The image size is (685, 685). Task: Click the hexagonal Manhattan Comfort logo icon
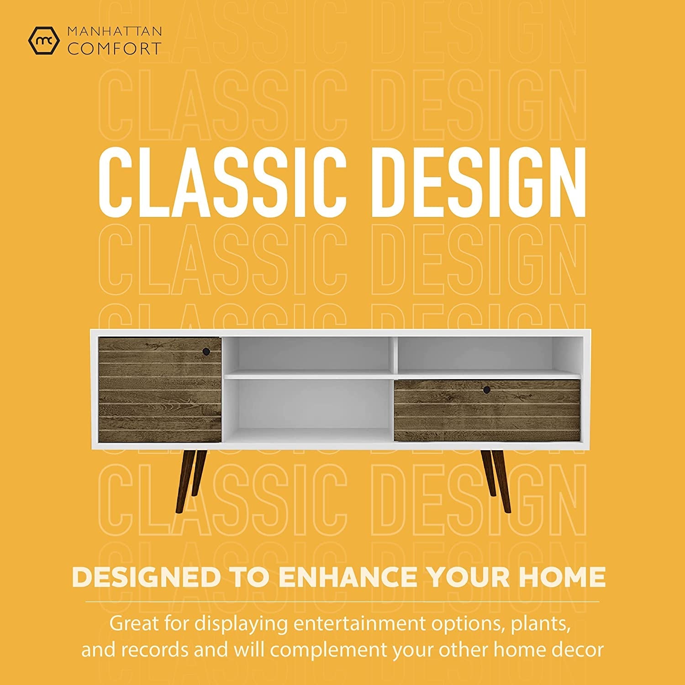point(44,40)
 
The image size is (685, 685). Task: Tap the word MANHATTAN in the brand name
point(114,32)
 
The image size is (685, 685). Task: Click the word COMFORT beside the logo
point(114,48)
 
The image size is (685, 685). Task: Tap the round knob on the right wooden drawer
point(487,390)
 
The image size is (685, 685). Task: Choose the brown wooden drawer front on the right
point(487,410)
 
